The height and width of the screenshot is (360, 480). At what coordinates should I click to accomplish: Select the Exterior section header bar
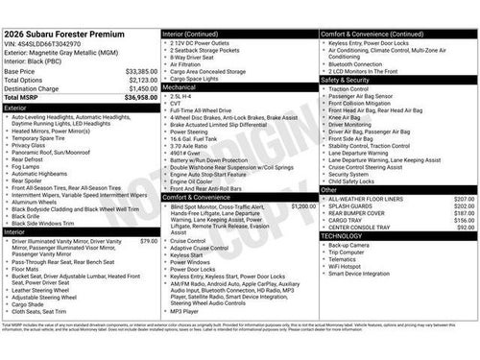point(81,108)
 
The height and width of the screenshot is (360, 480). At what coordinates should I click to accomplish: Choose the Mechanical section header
point(239,86)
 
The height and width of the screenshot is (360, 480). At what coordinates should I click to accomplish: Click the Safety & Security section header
point(397,80)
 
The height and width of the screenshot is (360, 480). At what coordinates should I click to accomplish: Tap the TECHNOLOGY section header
point(397,235)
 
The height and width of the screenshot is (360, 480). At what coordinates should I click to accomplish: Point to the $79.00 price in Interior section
point(148,241)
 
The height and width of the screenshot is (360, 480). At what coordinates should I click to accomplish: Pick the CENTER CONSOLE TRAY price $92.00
point(466,228)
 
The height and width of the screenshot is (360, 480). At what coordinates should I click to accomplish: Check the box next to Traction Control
point(324,89)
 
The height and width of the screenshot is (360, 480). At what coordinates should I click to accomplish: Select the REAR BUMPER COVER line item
point(357,213)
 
